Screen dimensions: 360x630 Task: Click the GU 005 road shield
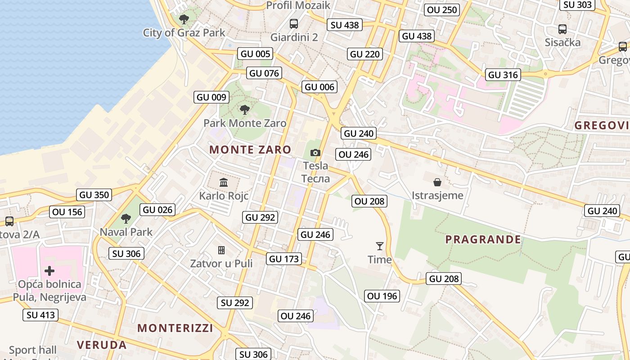256,54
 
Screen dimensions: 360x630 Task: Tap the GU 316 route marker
503,75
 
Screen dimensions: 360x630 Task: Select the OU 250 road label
442,10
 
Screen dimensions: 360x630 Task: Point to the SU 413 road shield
41,315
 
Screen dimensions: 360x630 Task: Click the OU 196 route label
382,296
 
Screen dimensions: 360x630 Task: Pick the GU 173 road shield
283,259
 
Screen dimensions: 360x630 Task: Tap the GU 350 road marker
94,195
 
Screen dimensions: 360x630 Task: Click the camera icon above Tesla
315,153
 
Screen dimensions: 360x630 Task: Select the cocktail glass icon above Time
380,246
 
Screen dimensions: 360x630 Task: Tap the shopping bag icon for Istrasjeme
437,182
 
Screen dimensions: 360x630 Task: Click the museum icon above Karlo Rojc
224,182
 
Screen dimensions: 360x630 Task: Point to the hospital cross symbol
49,271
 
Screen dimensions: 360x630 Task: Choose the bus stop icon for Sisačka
562,29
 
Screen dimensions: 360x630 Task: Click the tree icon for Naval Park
126,219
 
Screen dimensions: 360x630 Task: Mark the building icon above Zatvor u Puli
221,250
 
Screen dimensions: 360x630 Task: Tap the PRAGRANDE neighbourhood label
483,239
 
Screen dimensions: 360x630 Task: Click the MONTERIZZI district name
175,328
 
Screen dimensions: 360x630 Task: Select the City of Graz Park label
184,32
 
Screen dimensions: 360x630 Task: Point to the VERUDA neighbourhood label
102,345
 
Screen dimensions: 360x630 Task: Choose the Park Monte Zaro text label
245,123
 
